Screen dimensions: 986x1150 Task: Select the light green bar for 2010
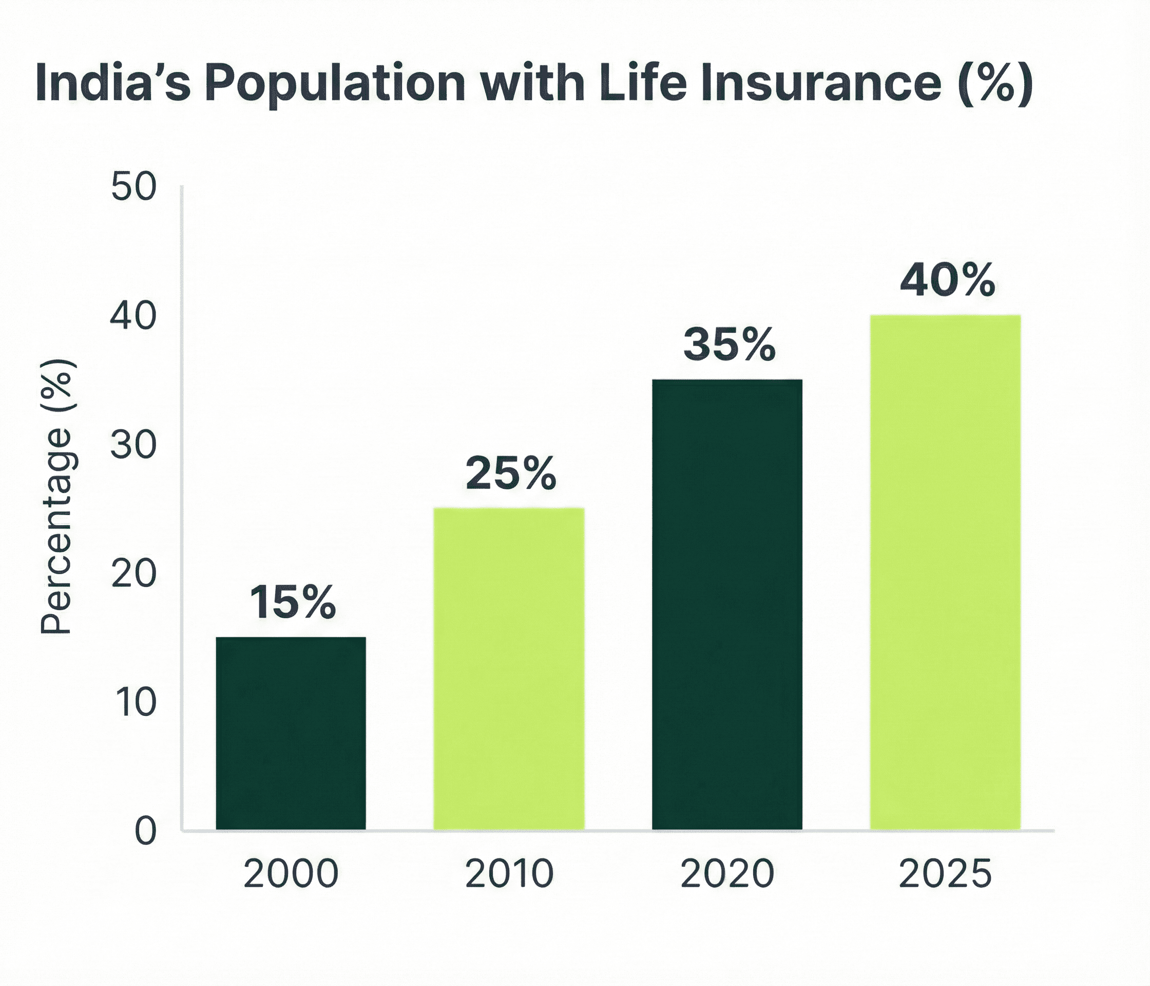(x=508, y=669)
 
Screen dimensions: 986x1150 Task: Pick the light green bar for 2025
(x=945, y=572)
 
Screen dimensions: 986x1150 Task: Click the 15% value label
(x=293, y=602)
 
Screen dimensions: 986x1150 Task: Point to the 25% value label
(x=511, y=473)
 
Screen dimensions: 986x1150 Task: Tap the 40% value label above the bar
(x=947, y=280)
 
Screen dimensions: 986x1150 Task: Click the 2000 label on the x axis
(x=291, y=874)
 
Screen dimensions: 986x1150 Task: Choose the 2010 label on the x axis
(x=509, y=874)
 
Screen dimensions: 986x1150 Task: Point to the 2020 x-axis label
(x=727, y=874)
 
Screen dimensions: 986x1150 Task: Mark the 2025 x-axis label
(x=945, y=874)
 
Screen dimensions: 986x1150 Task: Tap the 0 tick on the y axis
(x=145, y=831)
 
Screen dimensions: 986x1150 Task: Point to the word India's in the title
(x=112, y=83)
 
